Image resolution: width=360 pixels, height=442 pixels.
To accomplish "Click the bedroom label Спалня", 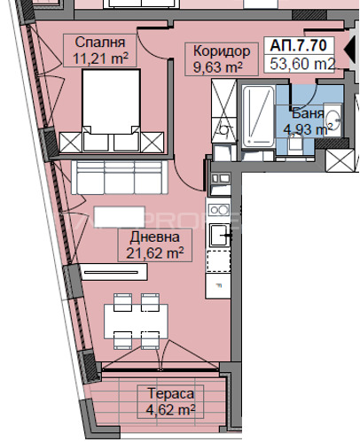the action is pos(100,43).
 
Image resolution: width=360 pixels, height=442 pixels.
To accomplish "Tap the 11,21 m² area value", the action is pos(100,58).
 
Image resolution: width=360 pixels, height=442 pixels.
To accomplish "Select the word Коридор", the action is pos(222,51).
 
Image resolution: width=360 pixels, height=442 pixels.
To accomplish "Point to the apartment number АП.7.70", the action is pos(298,45).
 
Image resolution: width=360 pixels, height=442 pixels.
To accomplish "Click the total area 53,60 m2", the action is pos(302,63).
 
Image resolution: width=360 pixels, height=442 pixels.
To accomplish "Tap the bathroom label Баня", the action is pos(308,112).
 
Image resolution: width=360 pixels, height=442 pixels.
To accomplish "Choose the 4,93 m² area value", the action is pos(308,129).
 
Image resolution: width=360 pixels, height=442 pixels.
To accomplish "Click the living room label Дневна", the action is pos(155,237).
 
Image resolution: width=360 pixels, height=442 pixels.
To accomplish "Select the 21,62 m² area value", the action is pos(155,253).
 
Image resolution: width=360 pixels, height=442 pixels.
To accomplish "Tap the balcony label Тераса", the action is pos(170,393).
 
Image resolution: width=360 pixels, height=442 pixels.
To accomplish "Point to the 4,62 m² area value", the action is pos(170,410).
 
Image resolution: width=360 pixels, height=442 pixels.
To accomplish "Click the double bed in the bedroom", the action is pos(111,110).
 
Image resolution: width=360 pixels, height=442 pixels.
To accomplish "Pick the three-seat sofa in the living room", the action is pos(120,177).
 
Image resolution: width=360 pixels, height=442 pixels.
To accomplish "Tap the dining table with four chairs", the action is pos(136,322).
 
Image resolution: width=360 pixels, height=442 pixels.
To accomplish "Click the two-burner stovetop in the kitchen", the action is pos(219,210).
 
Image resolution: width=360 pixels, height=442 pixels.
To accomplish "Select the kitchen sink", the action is pos(219,235).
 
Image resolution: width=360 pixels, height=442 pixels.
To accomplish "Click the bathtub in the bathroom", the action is pos(258,116).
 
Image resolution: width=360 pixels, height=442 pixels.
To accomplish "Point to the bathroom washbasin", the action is pos(333,120).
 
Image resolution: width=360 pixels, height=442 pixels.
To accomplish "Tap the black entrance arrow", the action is pos(349,48).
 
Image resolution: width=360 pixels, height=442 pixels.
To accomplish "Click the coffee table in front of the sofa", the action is pos(120,217).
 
